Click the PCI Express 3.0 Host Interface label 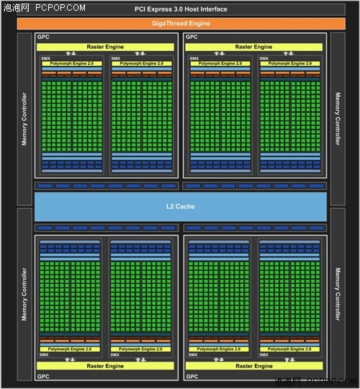181,9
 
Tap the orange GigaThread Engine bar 181,24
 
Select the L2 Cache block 181,207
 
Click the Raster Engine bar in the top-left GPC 105,47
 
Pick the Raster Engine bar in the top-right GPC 254,47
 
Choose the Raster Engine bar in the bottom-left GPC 105,366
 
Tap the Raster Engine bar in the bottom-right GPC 254,366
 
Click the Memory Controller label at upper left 24,119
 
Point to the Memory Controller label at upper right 338,119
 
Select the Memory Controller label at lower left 24,294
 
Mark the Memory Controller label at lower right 338,294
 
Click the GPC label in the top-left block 43,37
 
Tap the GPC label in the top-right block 192,37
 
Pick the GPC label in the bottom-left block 43,376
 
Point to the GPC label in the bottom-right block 192,376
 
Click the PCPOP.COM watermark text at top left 60,8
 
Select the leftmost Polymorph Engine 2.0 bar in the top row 72,63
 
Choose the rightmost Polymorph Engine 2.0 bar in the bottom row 289,349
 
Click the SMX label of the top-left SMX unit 46,58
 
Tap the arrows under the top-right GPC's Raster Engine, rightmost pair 288,53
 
